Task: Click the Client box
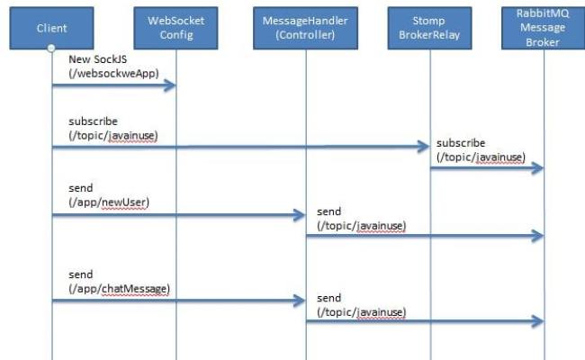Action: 52,28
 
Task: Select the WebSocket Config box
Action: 175,28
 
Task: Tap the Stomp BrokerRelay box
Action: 429,28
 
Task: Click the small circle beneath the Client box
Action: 52,49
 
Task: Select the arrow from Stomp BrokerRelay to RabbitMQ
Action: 486,168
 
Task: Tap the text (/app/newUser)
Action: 109,202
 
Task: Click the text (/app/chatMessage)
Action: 119,288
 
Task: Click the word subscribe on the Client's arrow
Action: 93,121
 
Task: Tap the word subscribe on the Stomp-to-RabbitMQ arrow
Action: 461,143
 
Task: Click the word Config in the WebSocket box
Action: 175,36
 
